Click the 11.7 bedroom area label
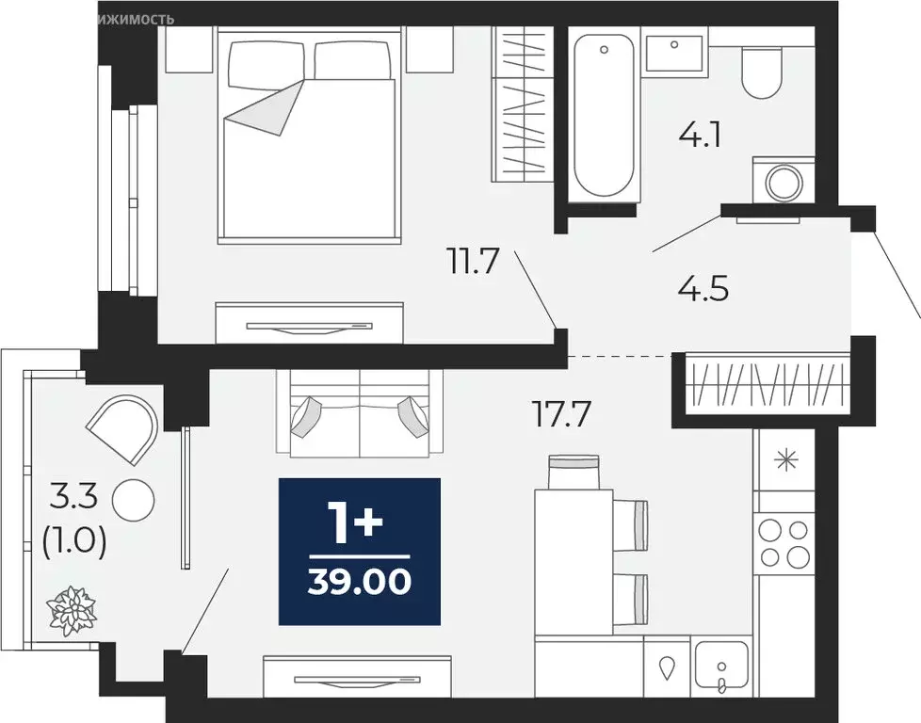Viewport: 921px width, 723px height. (472, 260)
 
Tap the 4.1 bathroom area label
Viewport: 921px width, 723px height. (700, 137)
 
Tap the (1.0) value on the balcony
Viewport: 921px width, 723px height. (74, 542)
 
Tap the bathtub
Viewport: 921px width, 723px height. (604, 112)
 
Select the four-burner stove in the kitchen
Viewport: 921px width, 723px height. (784, 541)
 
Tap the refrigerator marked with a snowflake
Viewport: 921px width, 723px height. (784, 460)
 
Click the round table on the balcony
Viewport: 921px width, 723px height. (132, 500)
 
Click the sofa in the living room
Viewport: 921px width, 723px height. (360, 414)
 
